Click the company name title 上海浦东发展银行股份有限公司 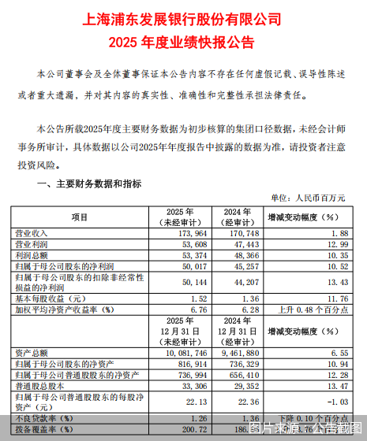tap(182, 17)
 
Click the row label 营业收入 tap(31, 233)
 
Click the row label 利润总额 tap(31, 256)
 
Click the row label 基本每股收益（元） tap(49, 298)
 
